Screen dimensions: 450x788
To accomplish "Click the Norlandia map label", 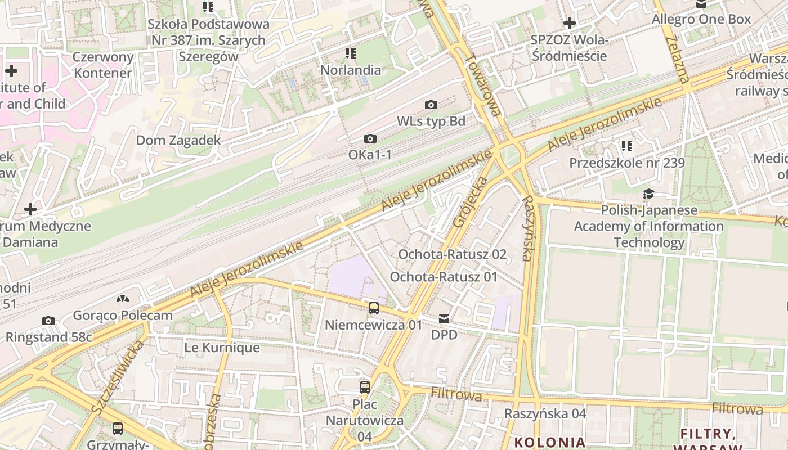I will tap(350, 70).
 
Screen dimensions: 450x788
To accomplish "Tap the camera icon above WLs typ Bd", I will tap(431, 105).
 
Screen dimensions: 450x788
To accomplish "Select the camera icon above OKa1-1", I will tap(370, 138).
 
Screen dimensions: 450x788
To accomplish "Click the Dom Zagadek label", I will tap(178, 140).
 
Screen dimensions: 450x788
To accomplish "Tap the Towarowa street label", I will tap(483, 84).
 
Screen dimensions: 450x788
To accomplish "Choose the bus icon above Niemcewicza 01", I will tap(374, 308).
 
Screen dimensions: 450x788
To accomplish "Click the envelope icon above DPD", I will tap(444, 319).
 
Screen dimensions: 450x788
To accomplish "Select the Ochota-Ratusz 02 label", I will tap(452, 254).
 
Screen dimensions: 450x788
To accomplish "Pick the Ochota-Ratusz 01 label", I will tap(444, 277).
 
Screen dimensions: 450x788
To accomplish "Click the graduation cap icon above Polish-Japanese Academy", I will tap(648, 194).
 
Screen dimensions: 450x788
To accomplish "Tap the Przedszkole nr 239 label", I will tap(626, 163).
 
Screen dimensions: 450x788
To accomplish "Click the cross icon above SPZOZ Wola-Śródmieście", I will tap(570, 24).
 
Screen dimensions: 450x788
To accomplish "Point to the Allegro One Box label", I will tap(701, 20).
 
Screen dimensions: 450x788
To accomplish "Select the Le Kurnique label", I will tap(222, 348).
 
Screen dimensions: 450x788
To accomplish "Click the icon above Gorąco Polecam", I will tap(123, 299).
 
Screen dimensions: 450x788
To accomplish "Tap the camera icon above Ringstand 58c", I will tap(48, 321).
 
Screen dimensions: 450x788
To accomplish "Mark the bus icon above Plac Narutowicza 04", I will tap(365, 387).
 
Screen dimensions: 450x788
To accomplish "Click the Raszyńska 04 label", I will tap(545, 413).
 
